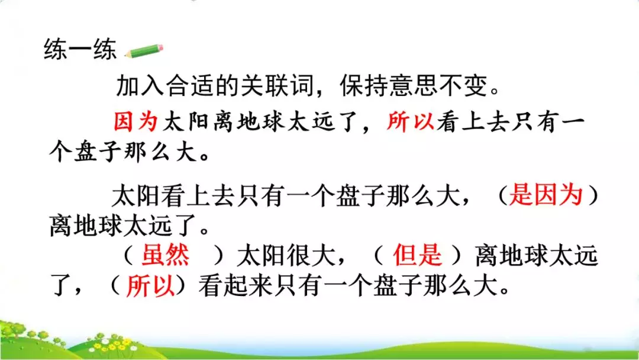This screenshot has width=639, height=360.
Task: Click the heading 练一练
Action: point(80,50)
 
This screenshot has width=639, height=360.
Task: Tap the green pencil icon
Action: point(144,51)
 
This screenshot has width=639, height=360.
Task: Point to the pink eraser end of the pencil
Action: point(160,48)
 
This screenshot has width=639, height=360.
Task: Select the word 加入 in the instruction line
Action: point(140,86)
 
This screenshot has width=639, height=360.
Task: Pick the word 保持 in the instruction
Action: point(364,86)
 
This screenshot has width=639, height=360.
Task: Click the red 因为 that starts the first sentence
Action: point(135,121)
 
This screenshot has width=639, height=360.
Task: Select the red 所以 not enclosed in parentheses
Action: point(411,121)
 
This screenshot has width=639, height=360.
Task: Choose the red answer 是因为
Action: point(546,194)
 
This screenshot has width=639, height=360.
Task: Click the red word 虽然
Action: point(165,255)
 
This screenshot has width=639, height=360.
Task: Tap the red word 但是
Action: point(417,255)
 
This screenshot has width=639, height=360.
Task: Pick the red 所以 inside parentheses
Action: point(150,285)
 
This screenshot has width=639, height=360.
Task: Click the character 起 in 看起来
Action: point(235,285)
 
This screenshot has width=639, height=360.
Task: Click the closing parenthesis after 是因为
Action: point(594,195)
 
